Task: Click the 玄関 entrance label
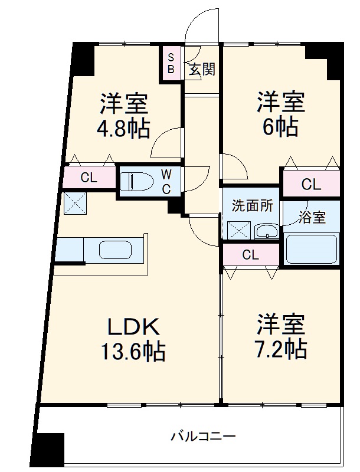click(201, 70)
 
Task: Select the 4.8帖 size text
click(123, 127)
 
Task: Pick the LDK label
click(132, 326)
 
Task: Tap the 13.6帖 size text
click(132, 352)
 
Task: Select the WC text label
click(166, 181)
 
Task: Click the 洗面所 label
click(252, 206)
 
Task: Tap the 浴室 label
click(311, 217)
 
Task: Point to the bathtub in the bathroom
click(311, 249)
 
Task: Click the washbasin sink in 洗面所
click(267, 231)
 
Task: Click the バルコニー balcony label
click(204, 437)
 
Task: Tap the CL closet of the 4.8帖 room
click(89, 177)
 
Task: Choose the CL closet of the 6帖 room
click(311, 184)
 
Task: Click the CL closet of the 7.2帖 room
click(250, 255)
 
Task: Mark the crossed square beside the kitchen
click(75, 204)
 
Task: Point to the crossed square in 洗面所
click(239, 230)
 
